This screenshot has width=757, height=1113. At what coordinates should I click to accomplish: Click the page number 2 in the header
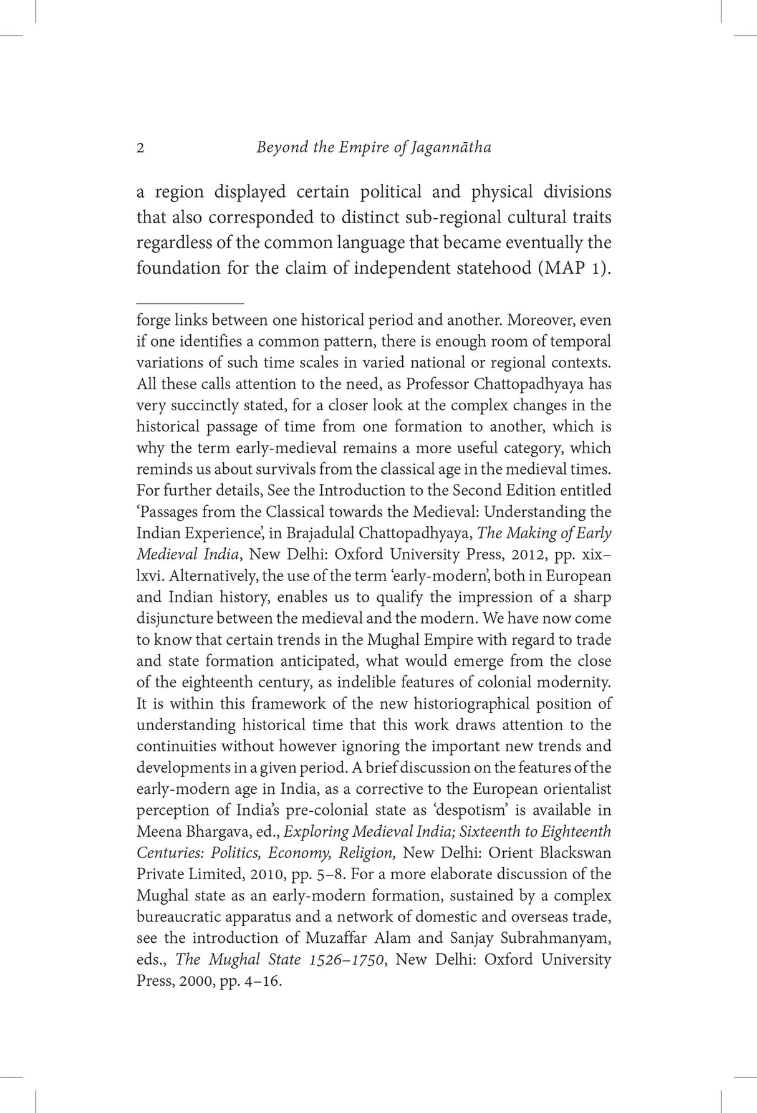tap(140, 148)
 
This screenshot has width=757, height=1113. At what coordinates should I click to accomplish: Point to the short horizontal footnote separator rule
tap(190, 302)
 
